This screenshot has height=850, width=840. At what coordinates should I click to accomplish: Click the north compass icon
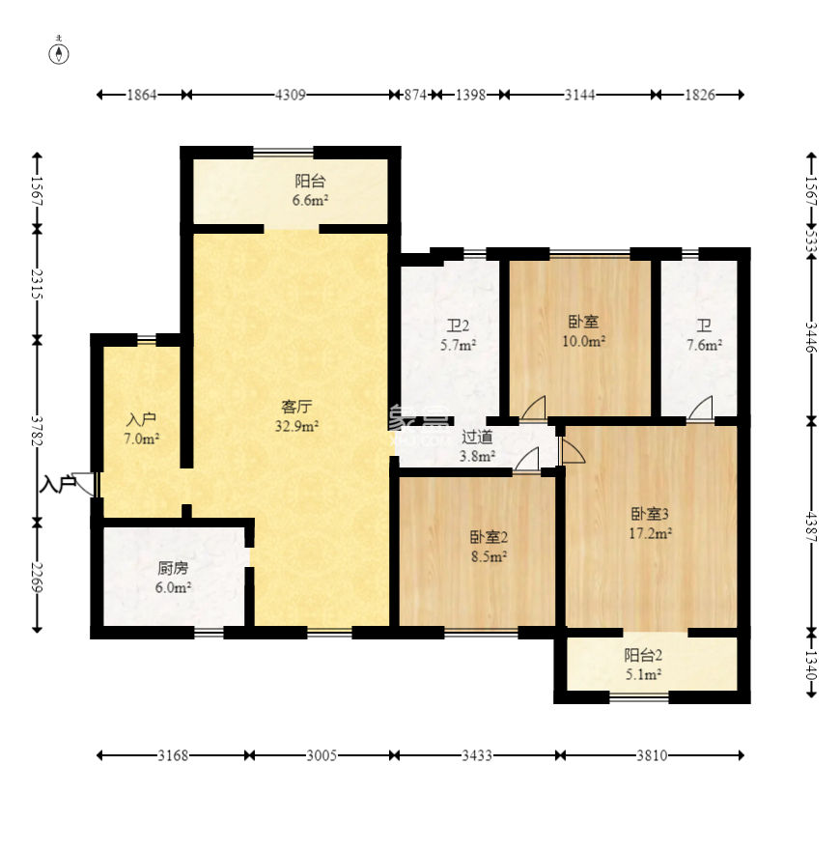59,53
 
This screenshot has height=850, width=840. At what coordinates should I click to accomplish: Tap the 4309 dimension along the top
291,95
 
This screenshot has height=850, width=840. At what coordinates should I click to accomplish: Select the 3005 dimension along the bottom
322,755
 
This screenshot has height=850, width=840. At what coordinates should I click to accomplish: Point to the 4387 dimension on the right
811,526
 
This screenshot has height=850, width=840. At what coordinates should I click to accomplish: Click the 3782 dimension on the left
37,431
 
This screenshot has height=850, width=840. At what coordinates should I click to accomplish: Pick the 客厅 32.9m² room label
296,416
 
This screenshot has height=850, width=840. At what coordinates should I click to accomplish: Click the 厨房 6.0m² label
174,578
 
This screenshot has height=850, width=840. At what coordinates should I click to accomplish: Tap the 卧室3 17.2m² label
651,524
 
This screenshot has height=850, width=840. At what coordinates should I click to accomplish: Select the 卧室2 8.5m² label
489,547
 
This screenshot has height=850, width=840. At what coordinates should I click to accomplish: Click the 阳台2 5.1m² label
643,665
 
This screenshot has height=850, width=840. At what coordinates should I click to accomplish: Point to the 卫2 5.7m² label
458,335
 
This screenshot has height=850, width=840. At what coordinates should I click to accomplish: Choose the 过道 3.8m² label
477,445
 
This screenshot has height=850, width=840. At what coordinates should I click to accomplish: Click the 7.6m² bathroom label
704,335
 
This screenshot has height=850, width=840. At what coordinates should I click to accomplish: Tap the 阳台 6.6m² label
311,190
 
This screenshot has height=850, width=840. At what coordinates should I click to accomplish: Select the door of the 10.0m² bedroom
533,408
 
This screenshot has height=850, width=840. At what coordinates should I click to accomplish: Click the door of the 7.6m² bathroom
700,408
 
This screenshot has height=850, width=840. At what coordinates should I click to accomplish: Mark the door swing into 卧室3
573,451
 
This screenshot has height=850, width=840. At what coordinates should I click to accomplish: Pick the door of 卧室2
526,459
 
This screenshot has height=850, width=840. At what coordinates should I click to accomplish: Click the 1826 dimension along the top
700,95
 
